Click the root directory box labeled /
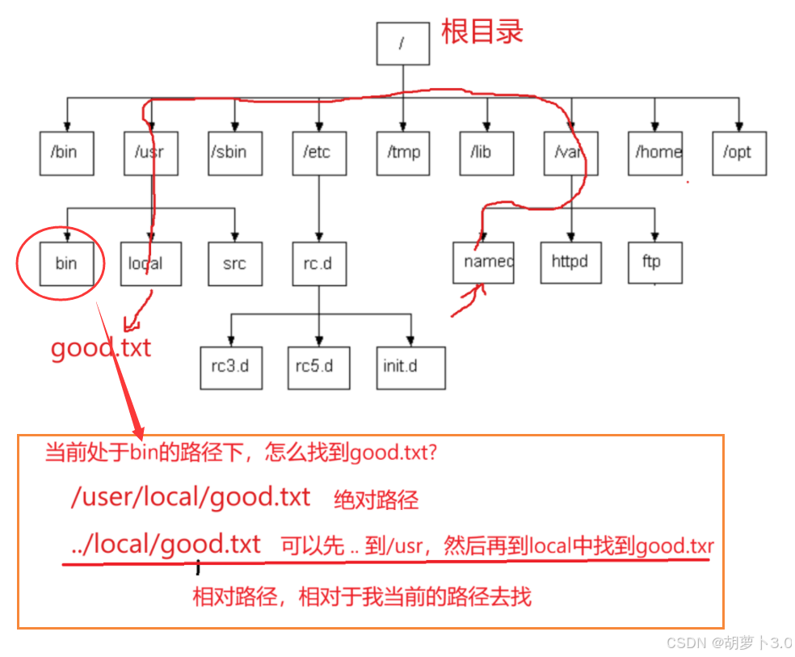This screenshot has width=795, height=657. coord(402,44)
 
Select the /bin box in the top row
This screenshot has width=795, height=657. coord(66,152)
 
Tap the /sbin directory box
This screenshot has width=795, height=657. coord(234,152)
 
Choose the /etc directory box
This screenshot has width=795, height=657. coord(318,152)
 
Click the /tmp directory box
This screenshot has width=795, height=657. coord(402,152)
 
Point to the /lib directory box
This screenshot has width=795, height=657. coord(486,152)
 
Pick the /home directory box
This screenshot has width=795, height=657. coord(654,152)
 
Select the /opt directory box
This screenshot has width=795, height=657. coord(738,152)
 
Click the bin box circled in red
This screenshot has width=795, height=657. coord(66,263)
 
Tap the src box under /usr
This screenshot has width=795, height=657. coord(234,263)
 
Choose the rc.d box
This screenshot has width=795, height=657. coord(318,263)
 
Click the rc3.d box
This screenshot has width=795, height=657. coord(230,365)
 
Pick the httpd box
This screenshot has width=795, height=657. coord(570,262)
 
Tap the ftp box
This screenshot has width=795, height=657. coord(654,262)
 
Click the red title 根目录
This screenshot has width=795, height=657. coord(482,32)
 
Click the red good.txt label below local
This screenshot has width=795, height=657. coord(101,349)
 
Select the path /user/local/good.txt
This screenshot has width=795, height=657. coord(191,497)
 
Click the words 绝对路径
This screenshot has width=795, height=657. coord(376,500)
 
